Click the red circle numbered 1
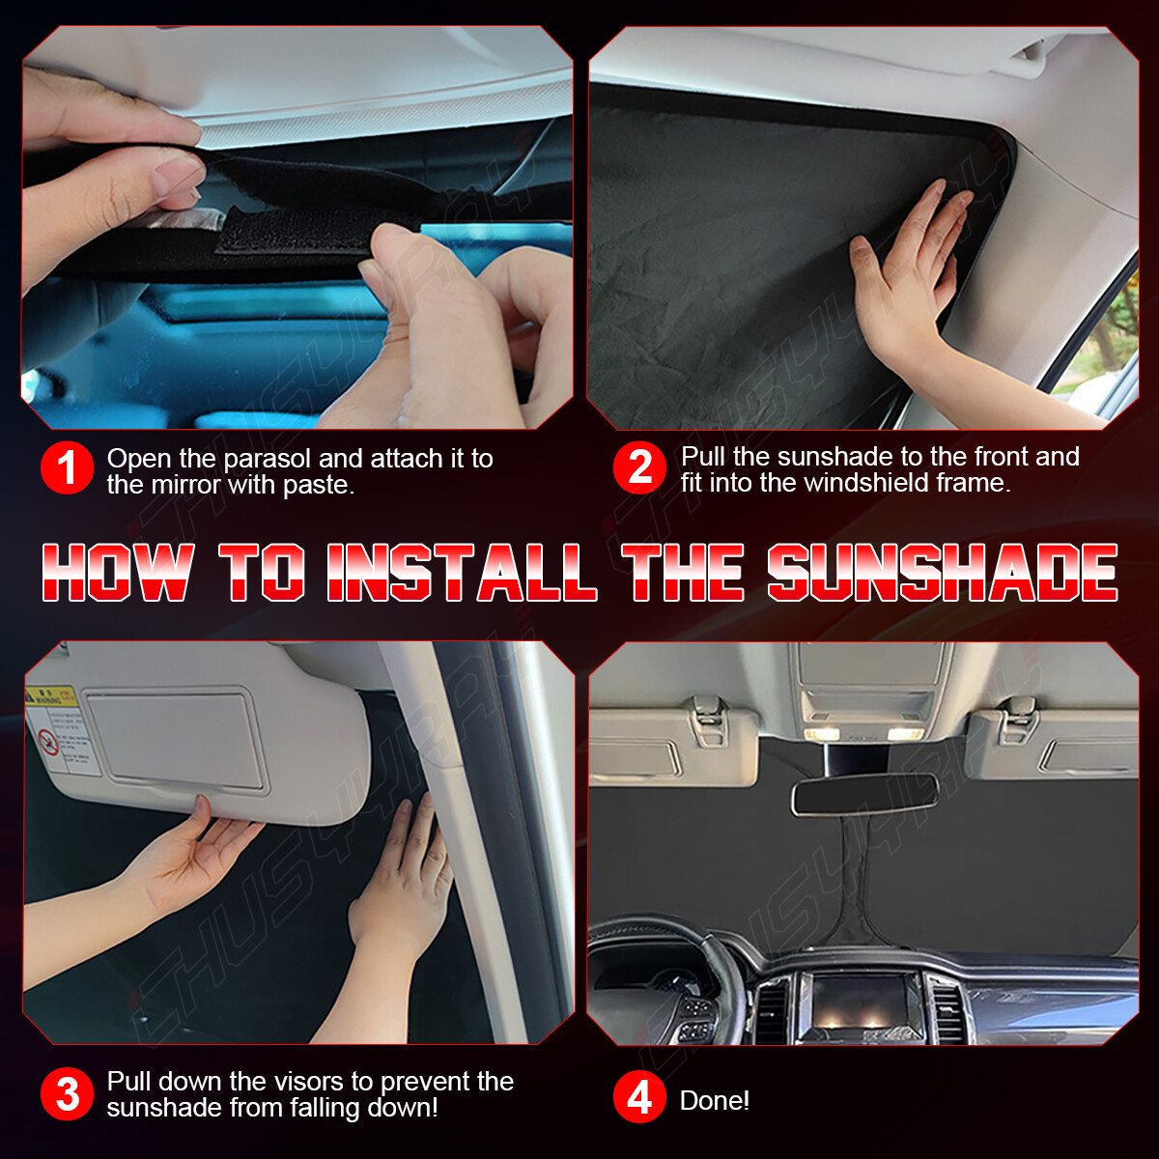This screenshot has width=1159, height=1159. coord(67,468)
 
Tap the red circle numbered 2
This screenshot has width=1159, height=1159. coord(639,468)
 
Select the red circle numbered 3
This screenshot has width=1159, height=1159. coord(67,1094)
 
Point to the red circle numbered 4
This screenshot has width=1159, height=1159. coord(639,1098)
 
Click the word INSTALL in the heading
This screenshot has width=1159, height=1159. coord(462,573)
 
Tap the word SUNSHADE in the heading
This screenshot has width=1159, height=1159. coord(943,573)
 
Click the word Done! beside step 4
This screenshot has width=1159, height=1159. coord(715,1101)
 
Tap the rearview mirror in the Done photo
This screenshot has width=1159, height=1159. coord(865,794)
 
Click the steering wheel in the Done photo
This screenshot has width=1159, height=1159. coord(676,975)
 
